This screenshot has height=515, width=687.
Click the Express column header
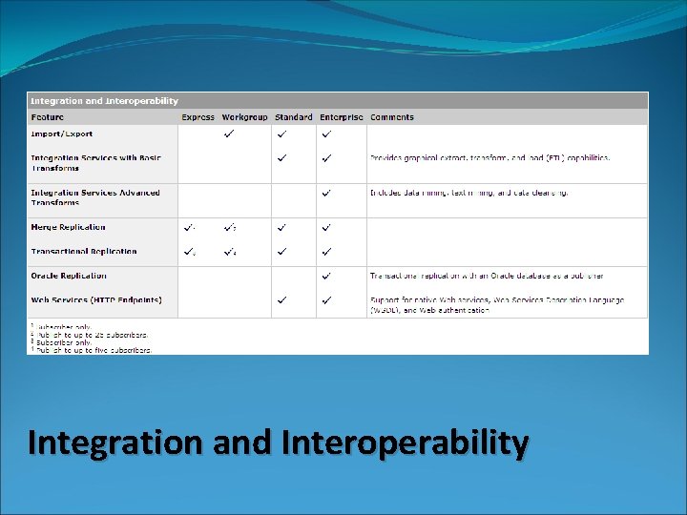[198, 117]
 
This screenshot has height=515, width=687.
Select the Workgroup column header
[244, 117]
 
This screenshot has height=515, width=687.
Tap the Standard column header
[293, 117]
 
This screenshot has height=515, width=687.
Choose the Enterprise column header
[341, 117]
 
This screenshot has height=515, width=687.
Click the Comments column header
[392, 117]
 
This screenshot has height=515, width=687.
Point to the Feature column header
[48, 117]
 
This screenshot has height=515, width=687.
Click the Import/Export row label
[62, 134]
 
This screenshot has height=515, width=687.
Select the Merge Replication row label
[68, 227]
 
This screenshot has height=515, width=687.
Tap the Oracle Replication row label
[69, 276]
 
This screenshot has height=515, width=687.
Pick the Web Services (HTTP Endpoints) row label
[96, 299]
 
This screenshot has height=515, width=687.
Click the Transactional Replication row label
[84, 252]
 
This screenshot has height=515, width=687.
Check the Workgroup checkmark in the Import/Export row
[229, 134]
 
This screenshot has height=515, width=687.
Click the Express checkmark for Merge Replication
[189, 228]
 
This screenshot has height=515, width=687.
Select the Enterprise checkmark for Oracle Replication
[326, 276]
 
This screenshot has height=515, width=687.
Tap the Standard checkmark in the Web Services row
[281, 299]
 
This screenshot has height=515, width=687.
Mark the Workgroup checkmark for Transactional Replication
[230, 252]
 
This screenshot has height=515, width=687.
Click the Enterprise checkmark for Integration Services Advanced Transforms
[326, 193]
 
